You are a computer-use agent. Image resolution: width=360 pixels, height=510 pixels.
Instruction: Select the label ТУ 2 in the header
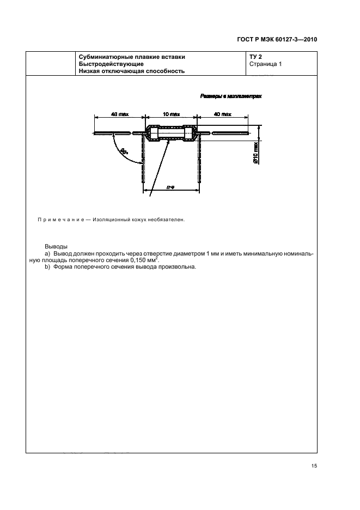tap(255, 56)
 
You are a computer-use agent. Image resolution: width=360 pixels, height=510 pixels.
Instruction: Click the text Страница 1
tap(265, 64)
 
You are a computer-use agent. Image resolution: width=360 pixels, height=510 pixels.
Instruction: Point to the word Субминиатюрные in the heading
tap(105, 56)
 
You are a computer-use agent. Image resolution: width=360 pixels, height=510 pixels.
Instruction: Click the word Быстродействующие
tap(111, 64)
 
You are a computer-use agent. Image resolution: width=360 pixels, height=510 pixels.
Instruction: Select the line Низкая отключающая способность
tap(132, 71)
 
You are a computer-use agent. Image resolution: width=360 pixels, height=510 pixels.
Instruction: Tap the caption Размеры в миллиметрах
tap(231, 96)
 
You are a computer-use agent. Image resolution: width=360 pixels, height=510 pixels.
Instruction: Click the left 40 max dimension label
tap(119, 115)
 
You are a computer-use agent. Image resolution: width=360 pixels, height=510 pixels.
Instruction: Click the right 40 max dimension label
tap(222, 115)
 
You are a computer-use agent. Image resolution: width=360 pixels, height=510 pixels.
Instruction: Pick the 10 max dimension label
tap(171, 115)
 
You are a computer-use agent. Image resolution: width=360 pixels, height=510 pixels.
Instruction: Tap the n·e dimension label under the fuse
tap(170, 187)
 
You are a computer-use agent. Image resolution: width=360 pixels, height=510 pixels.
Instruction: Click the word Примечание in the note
tap(58, 220)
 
